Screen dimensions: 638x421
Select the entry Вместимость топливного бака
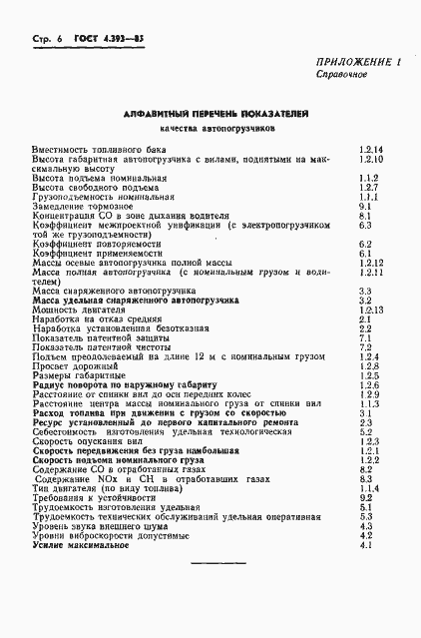pyautogui.click(x=90, y=150)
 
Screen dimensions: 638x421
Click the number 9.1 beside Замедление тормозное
pyautogui.click(x=364, y=206)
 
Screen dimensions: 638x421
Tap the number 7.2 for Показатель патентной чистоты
pyautogui.click(x=364, y=346)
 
